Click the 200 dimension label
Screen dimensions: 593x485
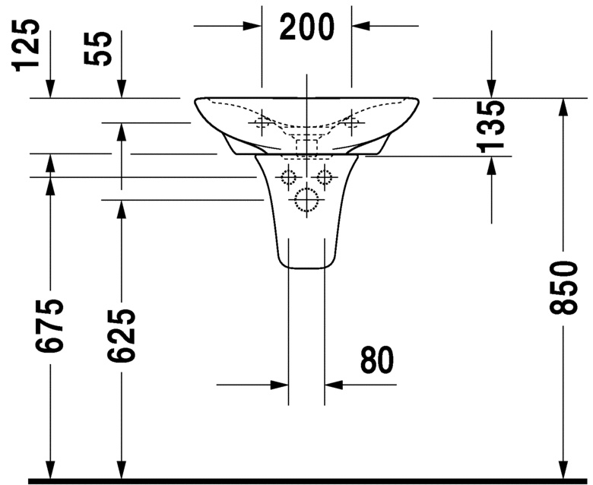click(306, 27)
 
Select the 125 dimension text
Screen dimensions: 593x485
click(27, 46)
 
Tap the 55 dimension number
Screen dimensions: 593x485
click(98, 49)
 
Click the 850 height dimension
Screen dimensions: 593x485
click(563, 287)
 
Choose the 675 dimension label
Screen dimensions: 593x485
click(49, 326)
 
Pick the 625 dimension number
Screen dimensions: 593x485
click(121, 336)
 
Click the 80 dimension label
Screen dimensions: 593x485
click(377, 360)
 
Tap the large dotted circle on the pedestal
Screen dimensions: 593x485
click(306, 200)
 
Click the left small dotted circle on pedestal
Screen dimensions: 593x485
click(288, 177)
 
